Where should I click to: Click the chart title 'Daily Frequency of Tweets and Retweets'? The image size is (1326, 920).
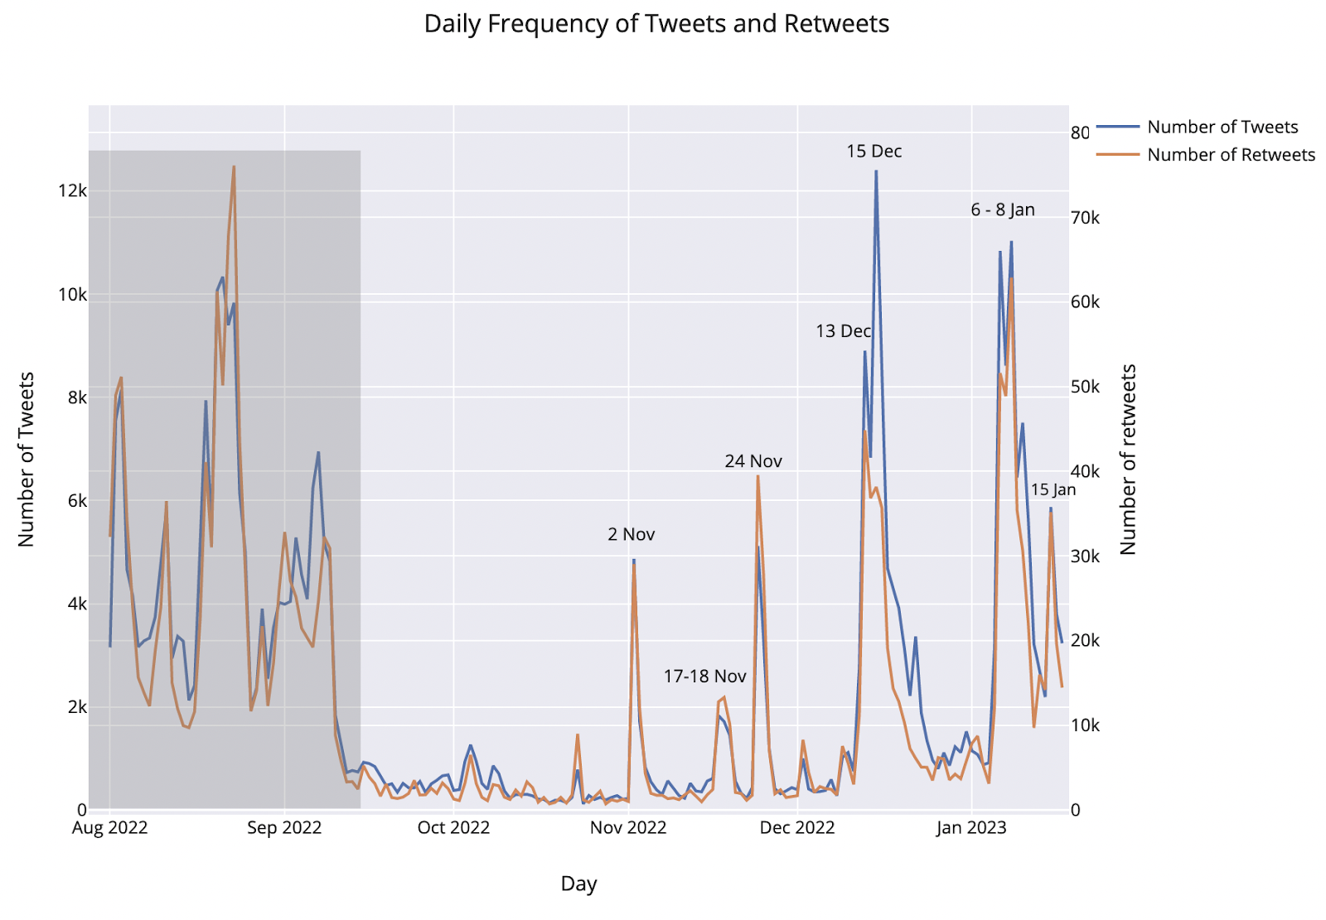656,24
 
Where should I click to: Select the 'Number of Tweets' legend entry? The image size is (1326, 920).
1222,127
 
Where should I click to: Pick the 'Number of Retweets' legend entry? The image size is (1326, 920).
1231,155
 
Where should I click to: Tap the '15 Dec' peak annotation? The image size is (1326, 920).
874,152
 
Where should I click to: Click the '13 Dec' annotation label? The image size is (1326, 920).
843,331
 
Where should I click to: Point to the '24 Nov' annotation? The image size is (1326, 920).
753,461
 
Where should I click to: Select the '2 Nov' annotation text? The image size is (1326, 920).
631,535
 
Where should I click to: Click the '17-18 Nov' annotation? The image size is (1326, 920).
704,677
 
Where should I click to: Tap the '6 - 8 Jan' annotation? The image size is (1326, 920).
1002,210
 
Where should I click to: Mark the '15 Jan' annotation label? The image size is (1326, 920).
1053,490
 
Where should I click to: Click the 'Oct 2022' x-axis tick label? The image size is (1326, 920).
453,828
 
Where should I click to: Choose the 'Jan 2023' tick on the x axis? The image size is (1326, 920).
971,828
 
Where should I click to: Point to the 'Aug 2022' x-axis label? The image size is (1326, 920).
110,828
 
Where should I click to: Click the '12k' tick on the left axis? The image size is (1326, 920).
73,191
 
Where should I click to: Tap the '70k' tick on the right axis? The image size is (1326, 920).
1085,218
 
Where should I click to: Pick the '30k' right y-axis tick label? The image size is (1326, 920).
1085,556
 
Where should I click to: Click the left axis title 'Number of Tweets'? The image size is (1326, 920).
27,460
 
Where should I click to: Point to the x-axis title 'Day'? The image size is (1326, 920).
578,884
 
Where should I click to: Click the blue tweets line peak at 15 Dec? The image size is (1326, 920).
876,171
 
